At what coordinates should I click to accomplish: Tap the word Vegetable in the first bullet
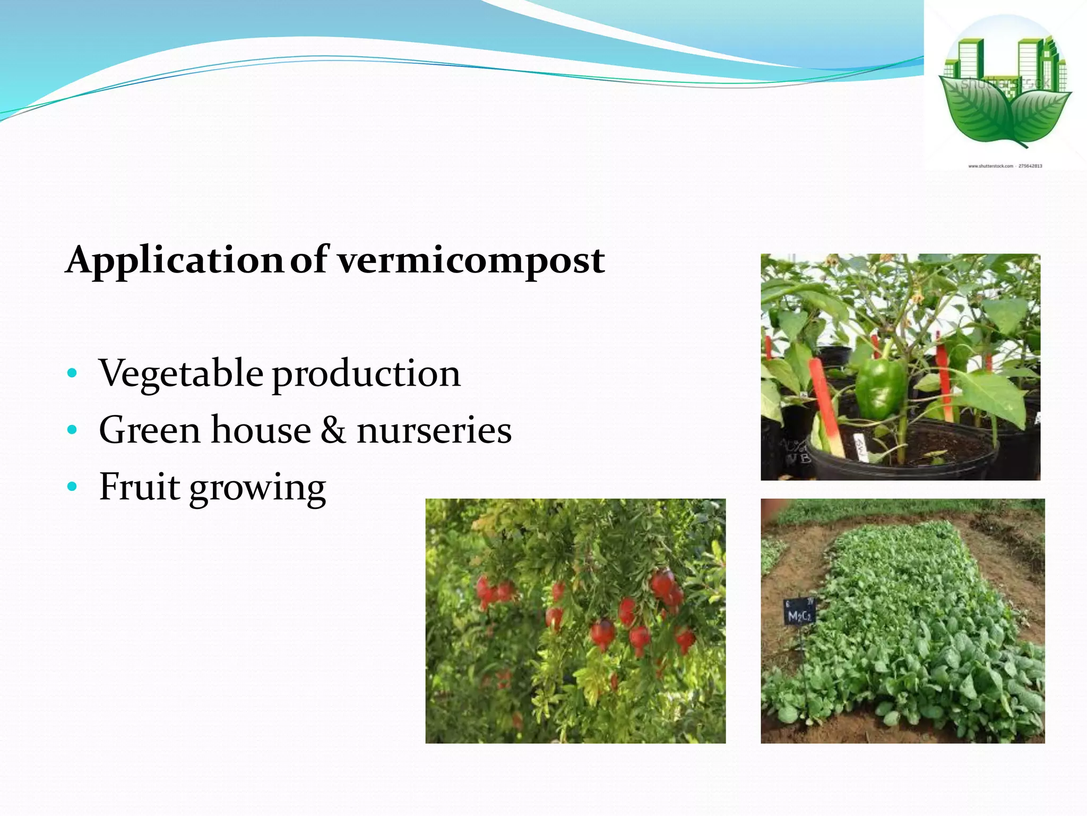180,373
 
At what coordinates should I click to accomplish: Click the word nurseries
434,430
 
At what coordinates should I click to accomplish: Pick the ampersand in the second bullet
333,430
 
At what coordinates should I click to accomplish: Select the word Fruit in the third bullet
140,486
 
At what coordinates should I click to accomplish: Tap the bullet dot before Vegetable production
73,373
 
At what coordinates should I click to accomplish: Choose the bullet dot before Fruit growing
73,486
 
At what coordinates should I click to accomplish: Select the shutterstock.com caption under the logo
1005,166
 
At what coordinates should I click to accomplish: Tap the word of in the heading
309,260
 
